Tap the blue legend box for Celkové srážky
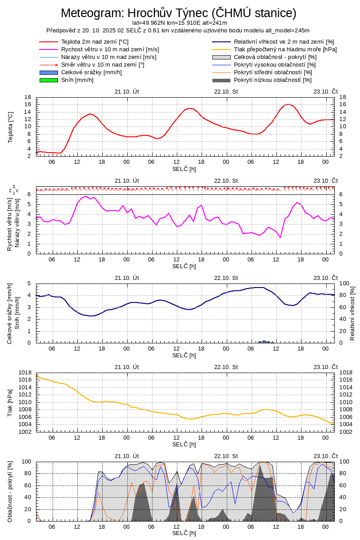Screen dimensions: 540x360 pos(49,72)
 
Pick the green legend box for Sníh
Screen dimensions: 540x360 pos(49,80)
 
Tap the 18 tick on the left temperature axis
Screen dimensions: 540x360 pos(27,97)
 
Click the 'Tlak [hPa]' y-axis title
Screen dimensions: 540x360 pos(10,402)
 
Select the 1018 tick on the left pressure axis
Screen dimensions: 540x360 pos(25,373)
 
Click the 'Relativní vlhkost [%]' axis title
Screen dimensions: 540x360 pos(352,313)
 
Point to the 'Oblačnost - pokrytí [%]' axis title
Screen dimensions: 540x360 pos(10,491)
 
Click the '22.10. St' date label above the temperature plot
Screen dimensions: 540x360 pos(226,91)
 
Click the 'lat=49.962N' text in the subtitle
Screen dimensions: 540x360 pos(148,22)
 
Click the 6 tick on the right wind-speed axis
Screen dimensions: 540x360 pos(341,194)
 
